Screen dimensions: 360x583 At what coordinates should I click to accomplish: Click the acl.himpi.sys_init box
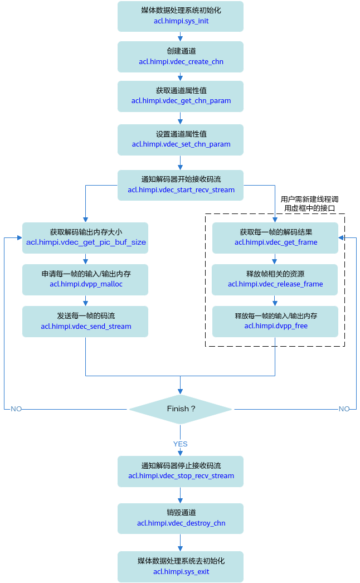[181, 16]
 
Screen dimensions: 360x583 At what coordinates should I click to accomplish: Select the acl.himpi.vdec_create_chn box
[181, 57]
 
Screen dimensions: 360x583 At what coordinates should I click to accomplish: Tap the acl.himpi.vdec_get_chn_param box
[181, 96]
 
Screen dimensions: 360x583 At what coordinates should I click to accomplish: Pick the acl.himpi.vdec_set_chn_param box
[181, 140]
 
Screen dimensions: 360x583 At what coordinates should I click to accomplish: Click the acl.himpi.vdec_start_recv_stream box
[181, 185]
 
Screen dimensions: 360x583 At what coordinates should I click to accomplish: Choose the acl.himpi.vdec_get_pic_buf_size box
[85, 238]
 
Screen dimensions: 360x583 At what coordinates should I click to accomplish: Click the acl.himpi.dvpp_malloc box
[85, 280]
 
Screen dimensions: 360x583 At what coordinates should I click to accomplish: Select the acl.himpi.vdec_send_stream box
[85, 322]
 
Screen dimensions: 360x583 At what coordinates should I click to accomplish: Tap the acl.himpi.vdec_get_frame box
[275, 238]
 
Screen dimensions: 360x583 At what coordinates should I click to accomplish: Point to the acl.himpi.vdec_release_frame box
[275, 280]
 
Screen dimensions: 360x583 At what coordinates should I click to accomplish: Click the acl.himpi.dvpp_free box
[275, 322]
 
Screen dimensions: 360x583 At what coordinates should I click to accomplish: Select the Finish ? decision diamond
[181, 409]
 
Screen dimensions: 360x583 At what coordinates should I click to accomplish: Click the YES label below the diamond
[181, 444]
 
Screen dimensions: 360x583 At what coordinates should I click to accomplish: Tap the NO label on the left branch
[16, 409]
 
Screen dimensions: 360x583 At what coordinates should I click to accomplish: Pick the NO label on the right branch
[344, 409]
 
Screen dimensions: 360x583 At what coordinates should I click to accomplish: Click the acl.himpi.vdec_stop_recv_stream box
[181, 472]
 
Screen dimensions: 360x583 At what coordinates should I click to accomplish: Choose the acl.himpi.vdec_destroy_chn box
[181, 519]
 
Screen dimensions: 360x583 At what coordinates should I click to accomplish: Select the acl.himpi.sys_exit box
[181, 567]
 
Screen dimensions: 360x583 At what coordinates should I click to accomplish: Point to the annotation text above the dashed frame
[309, 204]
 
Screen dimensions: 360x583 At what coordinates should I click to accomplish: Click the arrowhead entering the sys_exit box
[181, 548]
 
